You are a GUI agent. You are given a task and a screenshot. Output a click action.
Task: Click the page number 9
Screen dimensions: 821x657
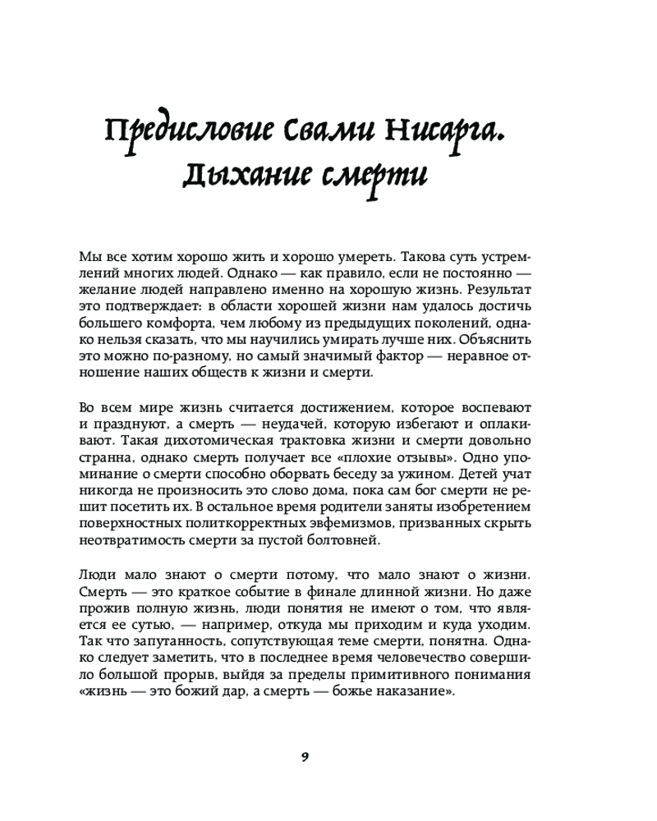coord(304,756)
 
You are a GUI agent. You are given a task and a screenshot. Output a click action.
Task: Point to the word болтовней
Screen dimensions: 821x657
coord(337,540)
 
